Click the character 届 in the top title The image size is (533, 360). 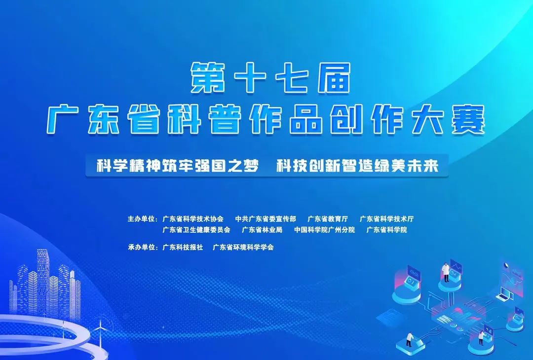tap(334, 78)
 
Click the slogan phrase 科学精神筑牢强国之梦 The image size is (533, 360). tap(178, 166)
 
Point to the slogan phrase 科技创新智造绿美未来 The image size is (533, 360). tap(357, 166)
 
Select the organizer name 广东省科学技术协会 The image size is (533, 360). tap(193, 219)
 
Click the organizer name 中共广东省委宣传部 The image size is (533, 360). tap(266, 219)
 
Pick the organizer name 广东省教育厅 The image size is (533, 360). tap(328, 219)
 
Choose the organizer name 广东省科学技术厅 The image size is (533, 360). tap(386, 219)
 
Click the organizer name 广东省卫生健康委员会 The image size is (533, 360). tap(196, 230)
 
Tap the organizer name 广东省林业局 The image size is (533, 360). tap(262, 230)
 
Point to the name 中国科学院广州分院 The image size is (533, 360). tap(324, 230)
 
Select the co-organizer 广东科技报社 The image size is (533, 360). tap(183, 247)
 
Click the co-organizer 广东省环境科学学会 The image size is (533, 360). tap(243, 247)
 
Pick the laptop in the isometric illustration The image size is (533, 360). tap(505, 294)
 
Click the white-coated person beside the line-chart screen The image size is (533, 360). tap(446, 272)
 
